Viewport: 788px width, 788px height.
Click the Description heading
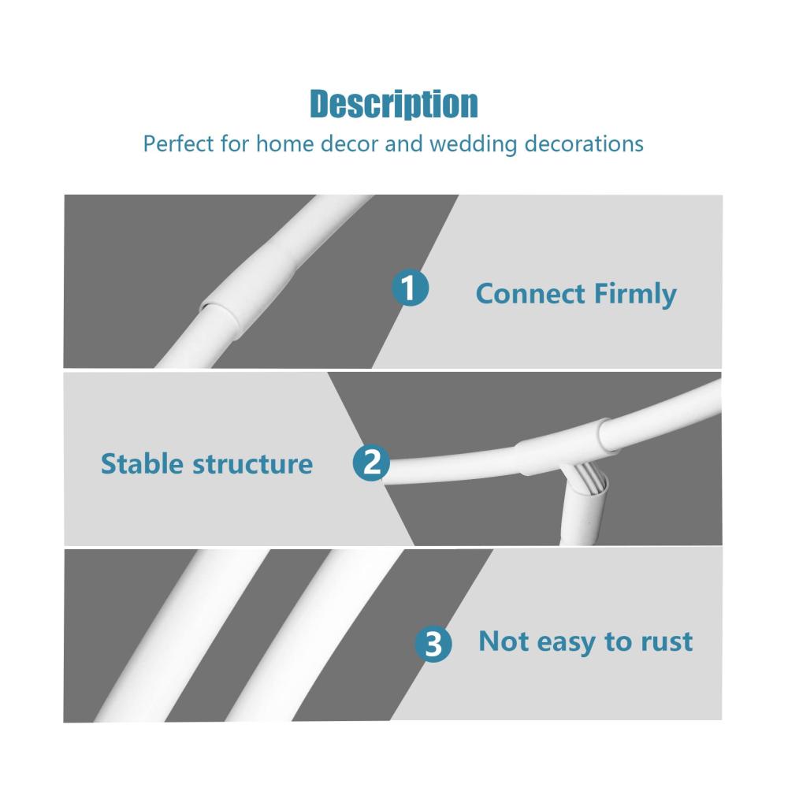pyautogui.click(x=393, y=104)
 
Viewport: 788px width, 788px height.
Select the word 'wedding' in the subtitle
pyautogui.click(x=473, y=144)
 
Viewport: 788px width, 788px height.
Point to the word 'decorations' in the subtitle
pyautogui.click(x=584, y=143)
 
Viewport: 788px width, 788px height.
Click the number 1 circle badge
pyautogui.click(x=410, y=288)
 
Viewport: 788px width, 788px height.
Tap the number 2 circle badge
pyautogui.click(x=371, y=463)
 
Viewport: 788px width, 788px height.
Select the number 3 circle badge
pyautogui.click(x=433, y=644)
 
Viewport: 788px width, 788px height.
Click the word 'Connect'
pyautogui.click(x=530, y=293)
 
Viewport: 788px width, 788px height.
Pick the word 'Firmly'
pyautogui.click(x=635, y=295)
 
